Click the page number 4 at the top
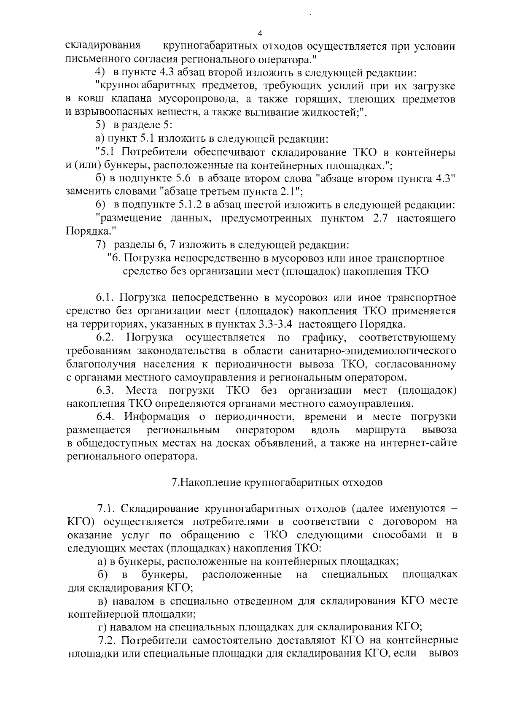(260, 34)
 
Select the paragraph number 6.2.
(106, 338)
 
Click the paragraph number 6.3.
(106, 390)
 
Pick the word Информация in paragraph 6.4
(156, 417)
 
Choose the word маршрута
(381, 430)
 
